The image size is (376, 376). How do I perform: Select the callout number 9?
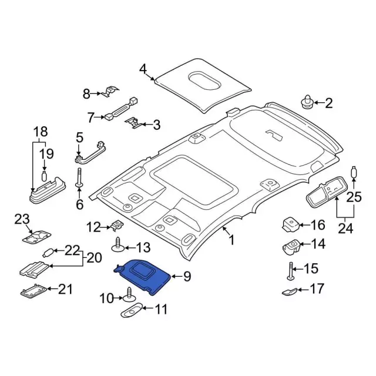[x=187, y=276]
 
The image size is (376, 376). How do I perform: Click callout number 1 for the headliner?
[x=231, y=240]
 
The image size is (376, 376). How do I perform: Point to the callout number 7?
[x=90, y=117]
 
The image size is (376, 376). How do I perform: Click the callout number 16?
[x=317, y=225]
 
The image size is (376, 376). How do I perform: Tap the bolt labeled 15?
[x=290, y=271]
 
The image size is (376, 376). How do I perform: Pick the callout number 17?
[x=317, y=288]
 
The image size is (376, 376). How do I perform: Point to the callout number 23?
[x=22, y=220]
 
